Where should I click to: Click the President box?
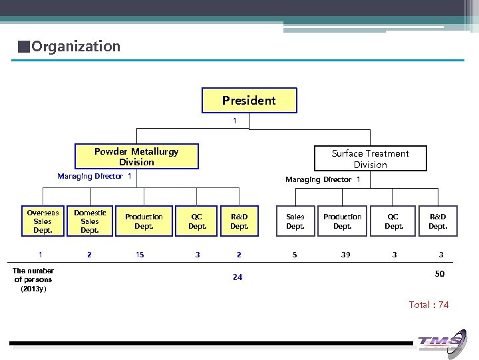tap(249, 101)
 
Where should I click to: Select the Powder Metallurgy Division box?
tap(136, 157)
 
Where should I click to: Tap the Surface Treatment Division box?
tap(370, 159)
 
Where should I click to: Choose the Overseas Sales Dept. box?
tap(43, 221)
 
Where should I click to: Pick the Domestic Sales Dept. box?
tap(90, 221)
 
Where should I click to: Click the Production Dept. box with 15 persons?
tap(144, 221)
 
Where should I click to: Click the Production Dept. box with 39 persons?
tap(343, 221)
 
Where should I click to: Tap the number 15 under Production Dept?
tap(140, 255)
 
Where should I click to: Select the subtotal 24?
tap(238, 277)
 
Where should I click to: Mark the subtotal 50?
tap(440, 274)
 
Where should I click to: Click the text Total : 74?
tap(428, 305)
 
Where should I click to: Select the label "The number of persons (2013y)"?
tap(33, 279)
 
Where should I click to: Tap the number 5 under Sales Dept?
tap(295, 255)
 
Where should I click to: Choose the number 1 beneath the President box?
tap(234, 121)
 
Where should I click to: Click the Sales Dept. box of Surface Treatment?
tap(295, 221)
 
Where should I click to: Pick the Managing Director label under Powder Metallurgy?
tap(94, 177)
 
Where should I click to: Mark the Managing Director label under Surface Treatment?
tap(323, 179)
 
